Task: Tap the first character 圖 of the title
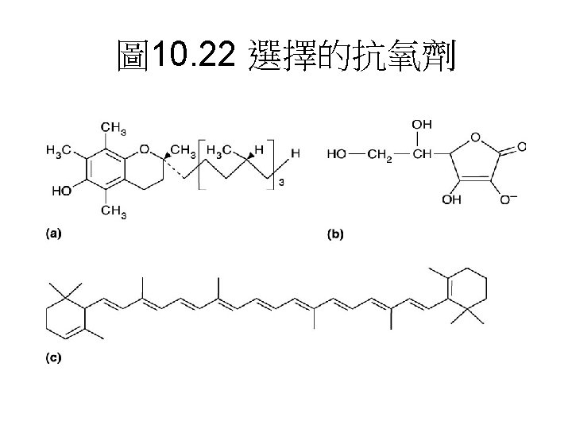pos(131,56)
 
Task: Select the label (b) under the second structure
pos(337,234)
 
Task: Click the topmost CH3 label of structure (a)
pos(114,128)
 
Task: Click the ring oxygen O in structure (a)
pos(144,149)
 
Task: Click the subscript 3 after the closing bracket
pos(278,184)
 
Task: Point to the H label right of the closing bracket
pos(295,153)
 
